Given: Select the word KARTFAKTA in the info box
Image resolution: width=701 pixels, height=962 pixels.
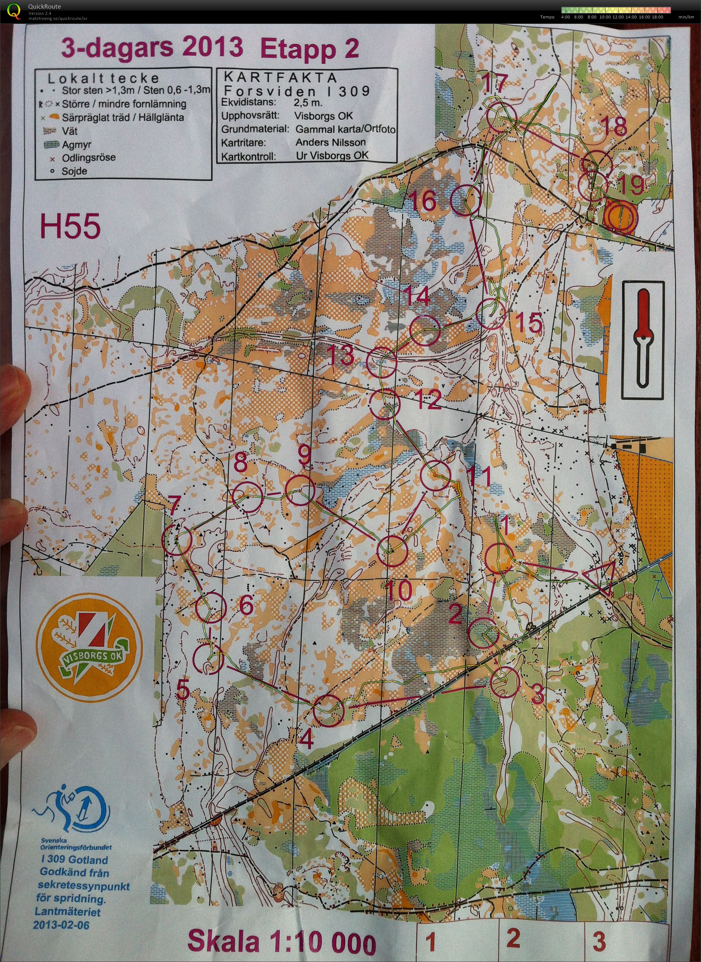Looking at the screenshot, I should click(280, 78).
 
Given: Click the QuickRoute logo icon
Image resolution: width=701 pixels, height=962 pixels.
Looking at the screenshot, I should click(14, 10).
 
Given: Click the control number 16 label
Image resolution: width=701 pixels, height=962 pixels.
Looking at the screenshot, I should click(425, 201).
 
